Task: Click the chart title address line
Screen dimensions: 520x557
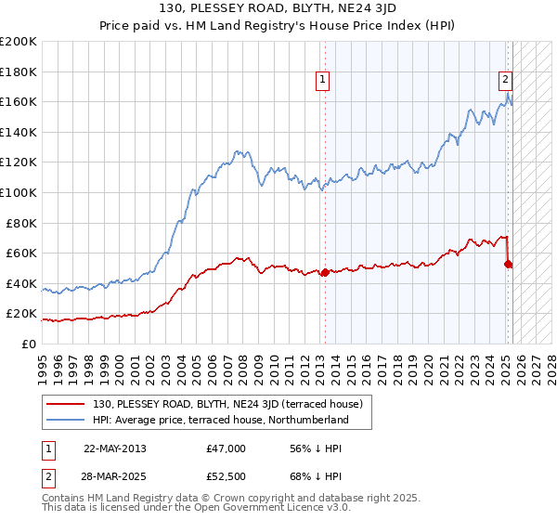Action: click(x=278, y=10)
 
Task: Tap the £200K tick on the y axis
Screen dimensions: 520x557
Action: click(x=19, y=42)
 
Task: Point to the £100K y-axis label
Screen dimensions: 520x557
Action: click(x=19, y=192)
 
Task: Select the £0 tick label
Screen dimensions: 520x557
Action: click(x=30, y=344)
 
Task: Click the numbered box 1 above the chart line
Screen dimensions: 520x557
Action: click(x=322, y=80)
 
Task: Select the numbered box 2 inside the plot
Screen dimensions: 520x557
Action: click(x=506, y=80)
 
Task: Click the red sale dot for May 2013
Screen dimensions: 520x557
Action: click(x=325, y=272)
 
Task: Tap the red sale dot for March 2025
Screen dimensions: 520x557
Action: click(x=508, y=264)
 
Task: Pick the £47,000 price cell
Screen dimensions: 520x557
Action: click(x=226, y=448)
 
